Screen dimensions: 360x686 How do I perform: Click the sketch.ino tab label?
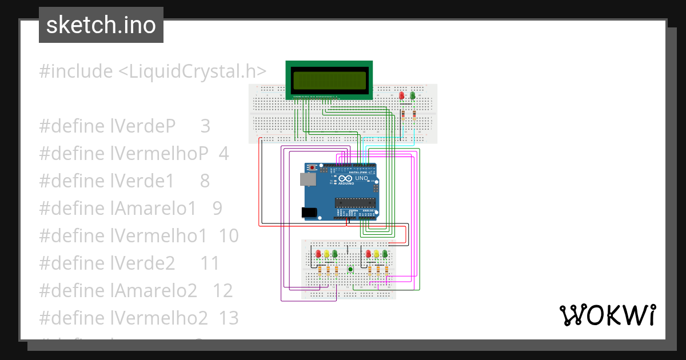101,25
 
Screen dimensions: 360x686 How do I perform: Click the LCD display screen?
329,81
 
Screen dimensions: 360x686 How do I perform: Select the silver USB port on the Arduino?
308,179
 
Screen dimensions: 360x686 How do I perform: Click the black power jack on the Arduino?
309,213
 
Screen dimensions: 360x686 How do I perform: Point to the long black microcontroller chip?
354,201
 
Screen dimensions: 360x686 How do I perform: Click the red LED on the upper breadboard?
402,95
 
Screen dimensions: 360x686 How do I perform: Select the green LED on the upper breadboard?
412,95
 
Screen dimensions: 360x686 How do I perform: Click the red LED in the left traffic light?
318,254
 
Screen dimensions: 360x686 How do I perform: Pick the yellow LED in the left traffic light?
326,254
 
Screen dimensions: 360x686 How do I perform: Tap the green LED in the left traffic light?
334,254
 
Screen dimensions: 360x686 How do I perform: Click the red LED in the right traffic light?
369,254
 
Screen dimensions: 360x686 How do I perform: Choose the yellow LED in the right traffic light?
377,254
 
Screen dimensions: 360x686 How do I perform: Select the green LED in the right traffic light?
385,254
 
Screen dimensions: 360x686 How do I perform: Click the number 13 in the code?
229,318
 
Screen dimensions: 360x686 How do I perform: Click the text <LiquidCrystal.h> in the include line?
192,71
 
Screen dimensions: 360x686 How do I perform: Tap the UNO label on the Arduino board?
361,178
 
